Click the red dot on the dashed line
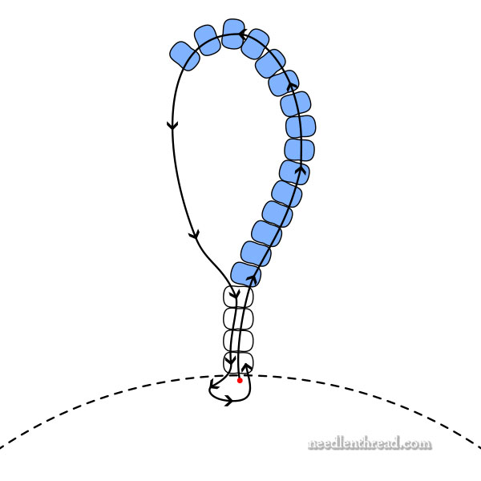(x=239, y=380)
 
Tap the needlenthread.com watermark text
(x=369, y=443)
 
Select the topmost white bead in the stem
(x=238, y=297)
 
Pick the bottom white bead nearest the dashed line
(x=238, y=362)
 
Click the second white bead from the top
(x=238, y=318)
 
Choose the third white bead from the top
(x=238, y=340)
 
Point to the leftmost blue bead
(x=184, y=55)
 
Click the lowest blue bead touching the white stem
(x=246, y=273)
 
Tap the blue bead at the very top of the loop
(x=234, y=34)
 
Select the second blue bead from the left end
(x=207, y=40)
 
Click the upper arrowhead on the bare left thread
(x=172, y=125)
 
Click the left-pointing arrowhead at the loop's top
(x=243, y=34)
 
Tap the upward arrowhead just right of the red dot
(x=247, y=368)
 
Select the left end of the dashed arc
(x=2, y=447)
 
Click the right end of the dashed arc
(x=479, y=447)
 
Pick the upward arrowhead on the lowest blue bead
(x=251, y=279)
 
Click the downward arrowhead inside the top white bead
(x=235, y=299)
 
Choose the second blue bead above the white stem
(x=256, y=253)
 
